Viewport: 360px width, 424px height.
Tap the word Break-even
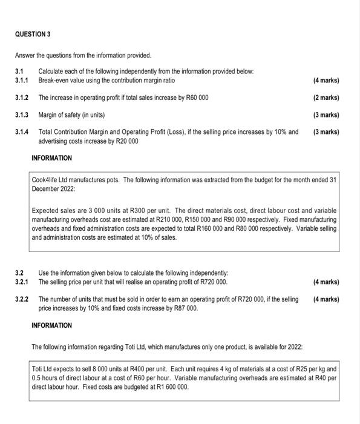[x=54, y=80]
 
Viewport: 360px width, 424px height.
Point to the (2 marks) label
[x=326, y=98]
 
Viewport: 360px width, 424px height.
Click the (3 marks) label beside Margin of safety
[x=326, y=114]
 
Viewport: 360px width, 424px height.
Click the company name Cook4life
[x=48, y=180]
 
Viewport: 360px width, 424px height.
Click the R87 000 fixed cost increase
[x=184, y=308]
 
